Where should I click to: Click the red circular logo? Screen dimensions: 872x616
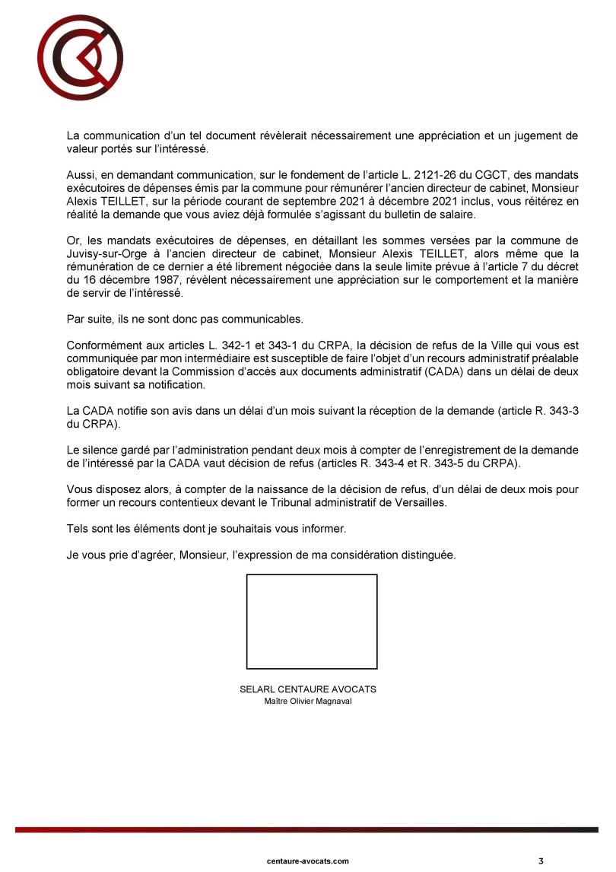(80, 58)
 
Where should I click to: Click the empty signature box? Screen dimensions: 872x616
(312, 622)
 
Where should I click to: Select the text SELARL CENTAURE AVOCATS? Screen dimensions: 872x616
(308, 689)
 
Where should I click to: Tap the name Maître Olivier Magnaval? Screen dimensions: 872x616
(308, 702)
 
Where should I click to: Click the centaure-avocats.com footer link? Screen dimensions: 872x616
(308, 861)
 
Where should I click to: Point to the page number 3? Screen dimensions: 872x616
(541, 861)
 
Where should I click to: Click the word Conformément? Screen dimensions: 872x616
(103, 344)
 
